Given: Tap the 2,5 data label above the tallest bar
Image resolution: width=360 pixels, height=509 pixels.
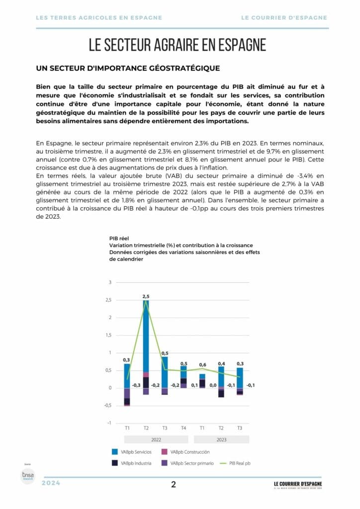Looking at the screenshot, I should tap(146, 297).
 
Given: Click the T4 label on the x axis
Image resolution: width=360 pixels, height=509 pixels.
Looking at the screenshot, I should tap(183, 428).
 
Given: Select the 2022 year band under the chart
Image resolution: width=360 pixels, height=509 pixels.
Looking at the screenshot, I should tap(155, 439).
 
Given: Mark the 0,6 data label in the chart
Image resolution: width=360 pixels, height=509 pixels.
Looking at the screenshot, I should tap(202, 365).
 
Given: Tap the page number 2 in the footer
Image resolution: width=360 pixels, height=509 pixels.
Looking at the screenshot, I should tap(174, 485).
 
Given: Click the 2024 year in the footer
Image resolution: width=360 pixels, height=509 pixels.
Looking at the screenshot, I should tap(51, 483).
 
